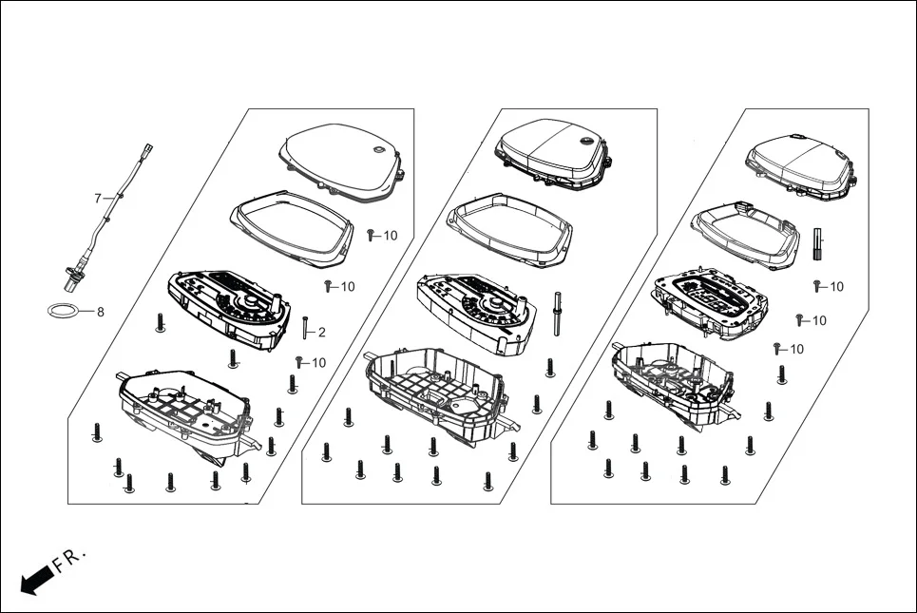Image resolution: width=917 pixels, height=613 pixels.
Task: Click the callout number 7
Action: tap(97, 198)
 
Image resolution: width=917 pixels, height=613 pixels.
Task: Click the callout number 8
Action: tap(101, 311)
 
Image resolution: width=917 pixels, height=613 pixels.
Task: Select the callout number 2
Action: tap(321, 332)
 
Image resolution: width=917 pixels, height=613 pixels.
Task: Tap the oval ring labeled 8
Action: tap(64, 310)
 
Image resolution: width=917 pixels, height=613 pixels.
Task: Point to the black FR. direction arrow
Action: tap(36, 579)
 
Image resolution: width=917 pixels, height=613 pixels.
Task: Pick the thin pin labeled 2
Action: tap(305, 329)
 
